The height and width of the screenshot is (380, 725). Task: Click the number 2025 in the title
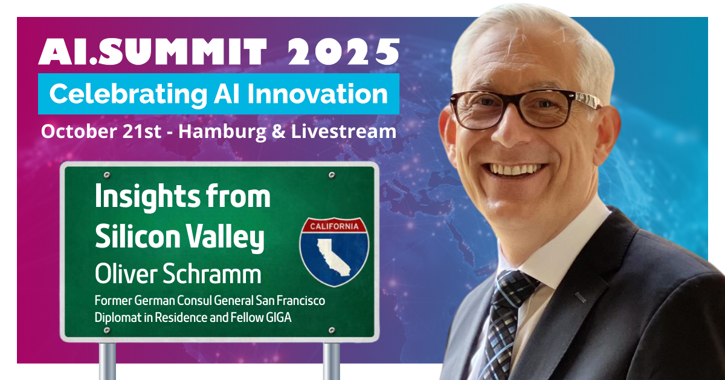(343, 51)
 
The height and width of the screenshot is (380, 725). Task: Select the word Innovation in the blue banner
(318, 94)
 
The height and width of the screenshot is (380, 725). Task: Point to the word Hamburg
(222, 133)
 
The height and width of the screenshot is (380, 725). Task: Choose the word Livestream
(343, 131)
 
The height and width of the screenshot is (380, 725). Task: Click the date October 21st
(101, 131)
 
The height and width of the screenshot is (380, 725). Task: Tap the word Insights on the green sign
(147, 198)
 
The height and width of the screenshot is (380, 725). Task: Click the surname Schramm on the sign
(211, 274)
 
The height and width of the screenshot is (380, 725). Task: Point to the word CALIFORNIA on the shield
(334, 226)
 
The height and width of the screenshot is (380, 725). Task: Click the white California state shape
(333, 257)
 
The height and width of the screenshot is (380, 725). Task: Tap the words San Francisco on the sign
(291, 301)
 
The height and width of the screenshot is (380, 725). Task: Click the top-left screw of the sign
(107, 175)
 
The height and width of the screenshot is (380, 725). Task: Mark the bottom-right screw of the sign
(332, 330)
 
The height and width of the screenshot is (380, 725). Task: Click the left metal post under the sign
(107, 361)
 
